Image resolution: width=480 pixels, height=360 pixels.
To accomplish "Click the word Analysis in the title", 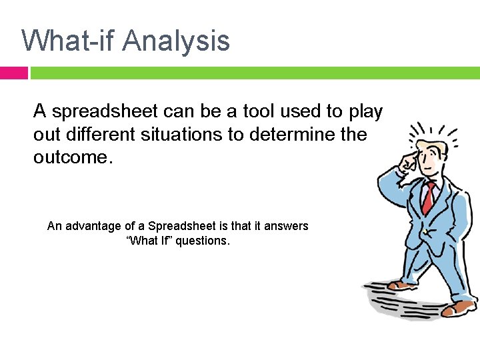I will click(x=176, y=41).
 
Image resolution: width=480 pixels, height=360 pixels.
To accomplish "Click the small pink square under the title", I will click(x=13, y=73).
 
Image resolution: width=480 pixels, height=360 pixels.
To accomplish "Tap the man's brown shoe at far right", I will click(x=459, y=307).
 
